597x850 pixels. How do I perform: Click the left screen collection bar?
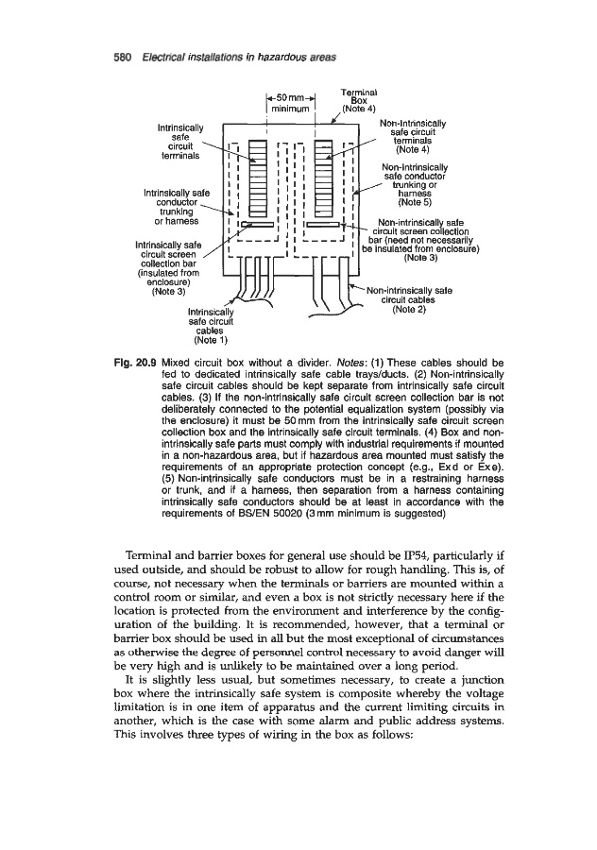(x=258, y=225)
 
